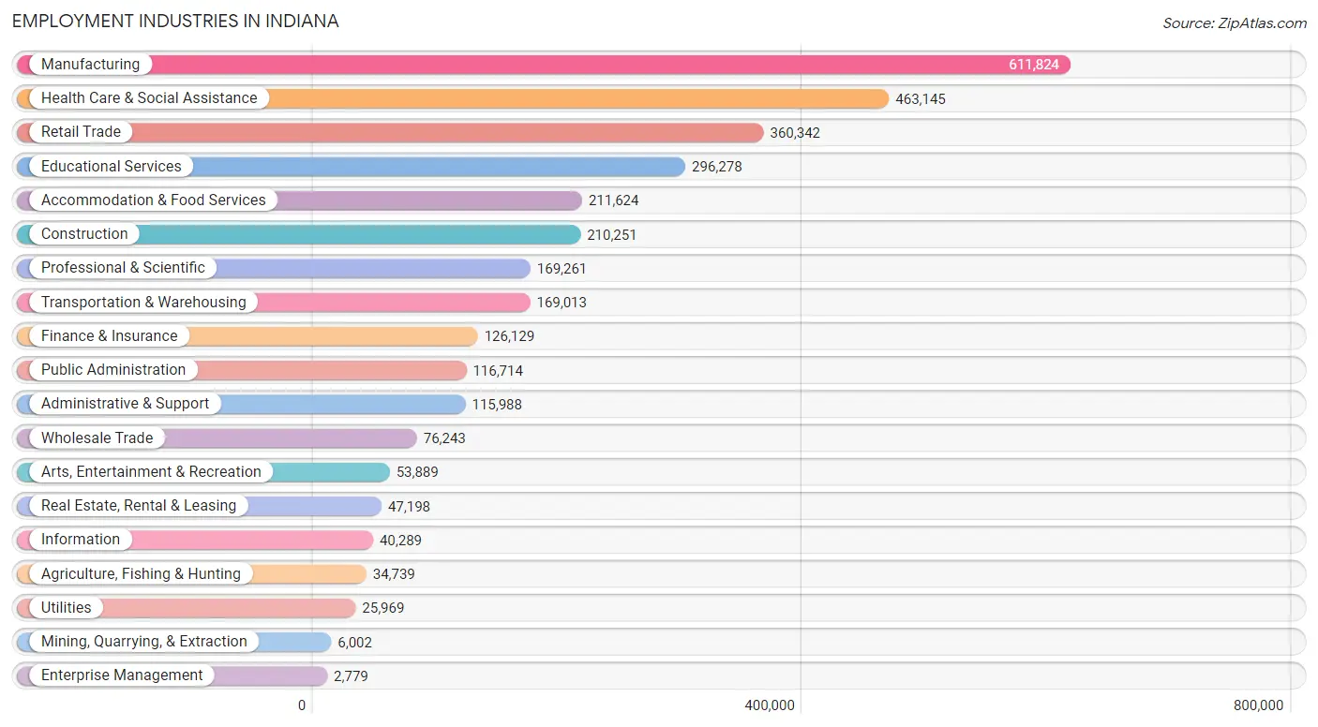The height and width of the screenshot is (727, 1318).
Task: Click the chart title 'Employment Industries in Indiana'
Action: [x=175, y=21]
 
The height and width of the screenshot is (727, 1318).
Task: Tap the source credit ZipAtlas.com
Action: [x=1234, y=23]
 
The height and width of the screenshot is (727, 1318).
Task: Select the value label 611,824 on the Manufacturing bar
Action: [x=1034, y=65]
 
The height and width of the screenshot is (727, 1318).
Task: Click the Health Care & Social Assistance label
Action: [x=149, y=98]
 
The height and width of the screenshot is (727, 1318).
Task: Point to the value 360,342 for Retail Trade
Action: [x=795, y=133]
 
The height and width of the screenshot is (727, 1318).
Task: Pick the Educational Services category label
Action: [x=112, y=167]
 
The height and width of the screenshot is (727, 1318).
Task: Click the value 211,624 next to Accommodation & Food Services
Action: [x=614, y=200]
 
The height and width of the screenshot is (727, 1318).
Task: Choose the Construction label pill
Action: [x=84, y=234]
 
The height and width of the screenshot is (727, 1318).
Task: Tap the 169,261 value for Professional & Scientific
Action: [x=562, y=269]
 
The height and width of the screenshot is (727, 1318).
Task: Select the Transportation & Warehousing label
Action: [x=143, y=303]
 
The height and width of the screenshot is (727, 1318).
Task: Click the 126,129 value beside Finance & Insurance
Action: [x=509, y=336]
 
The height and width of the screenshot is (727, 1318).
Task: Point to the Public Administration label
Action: [x=113, y=370]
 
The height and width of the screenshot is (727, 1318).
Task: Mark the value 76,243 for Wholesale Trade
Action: [x=444, y=438]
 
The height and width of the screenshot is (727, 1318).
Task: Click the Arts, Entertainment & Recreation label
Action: [x=151, y=472]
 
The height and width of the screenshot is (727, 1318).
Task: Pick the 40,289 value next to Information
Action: [x=400, y=541]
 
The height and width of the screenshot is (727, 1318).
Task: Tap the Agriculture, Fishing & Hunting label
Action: [x=141, y=574]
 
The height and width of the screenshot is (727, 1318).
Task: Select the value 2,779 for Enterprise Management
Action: [x=351, y=676]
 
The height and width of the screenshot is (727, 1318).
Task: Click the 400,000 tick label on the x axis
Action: [x=771, y=705]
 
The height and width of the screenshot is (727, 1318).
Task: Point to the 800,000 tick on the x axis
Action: [x=1258, y=705]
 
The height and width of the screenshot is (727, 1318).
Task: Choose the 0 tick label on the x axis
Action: [x=302, y=705]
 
